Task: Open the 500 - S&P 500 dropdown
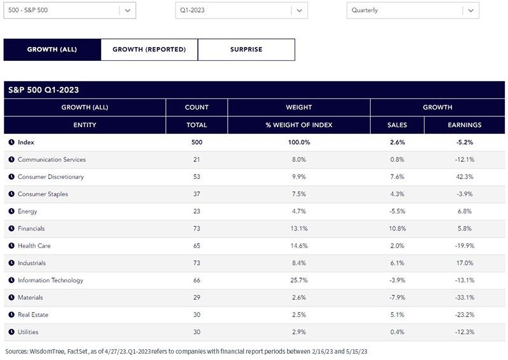coord(70,10)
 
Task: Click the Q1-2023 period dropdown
coord(241,10)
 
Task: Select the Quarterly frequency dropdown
coord(413,10)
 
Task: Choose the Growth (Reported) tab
coord(149,50)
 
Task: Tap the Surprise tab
coord(246,50)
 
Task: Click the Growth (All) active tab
coord(52,50)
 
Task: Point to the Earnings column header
coord(465,125)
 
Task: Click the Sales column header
coord(398,125)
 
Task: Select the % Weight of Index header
coord(298,125)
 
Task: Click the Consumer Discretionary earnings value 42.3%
coord(465,177)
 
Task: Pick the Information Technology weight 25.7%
coord(298,280)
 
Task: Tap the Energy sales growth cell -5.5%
coord(398,211)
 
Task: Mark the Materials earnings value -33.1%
coord(465,298)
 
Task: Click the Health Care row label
coord(34,246)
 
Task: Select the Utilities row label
coord(28,332)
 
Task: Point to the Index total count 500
coord(197,142)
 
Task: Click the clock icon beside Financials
coord(11,229)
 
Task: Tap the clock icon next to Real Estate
coord(11,315)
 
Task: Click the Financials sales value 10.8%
coord(398,229)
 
